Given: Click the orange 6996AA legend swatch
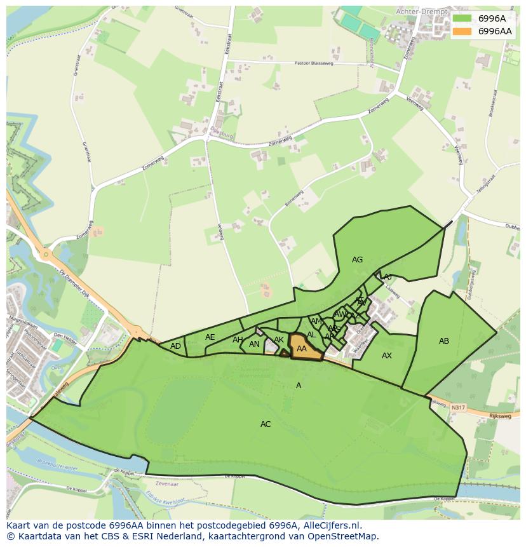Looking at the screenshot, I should [x=462, y=31].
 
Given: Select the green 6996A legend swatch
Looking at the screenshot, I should [x=462, y=18].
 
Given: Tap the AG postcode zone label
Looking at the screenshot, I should [x=357, y=260].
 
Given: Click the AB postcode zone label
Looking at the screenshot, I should [x=444, y=341].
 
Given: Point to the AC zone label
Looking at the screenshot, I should [x=266, y=424].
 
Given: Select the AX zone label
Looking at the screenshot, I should [x=386, y=356].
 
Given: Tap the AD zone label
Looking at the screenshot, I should [x=175, y=346].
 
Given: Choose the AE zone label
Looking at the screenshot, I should [x=210, y=337].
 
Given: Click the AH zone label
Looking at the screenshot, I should [x=238, y=340].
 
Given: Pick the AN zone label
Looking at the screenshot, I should [x=254, y=344].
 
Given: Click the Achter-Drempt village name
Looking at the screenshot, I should [x=422, y=11].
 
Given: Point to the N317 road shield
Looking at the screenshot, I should [x=458, y=407].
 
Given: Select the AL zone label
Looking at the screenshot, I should [x=311, y=335].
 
